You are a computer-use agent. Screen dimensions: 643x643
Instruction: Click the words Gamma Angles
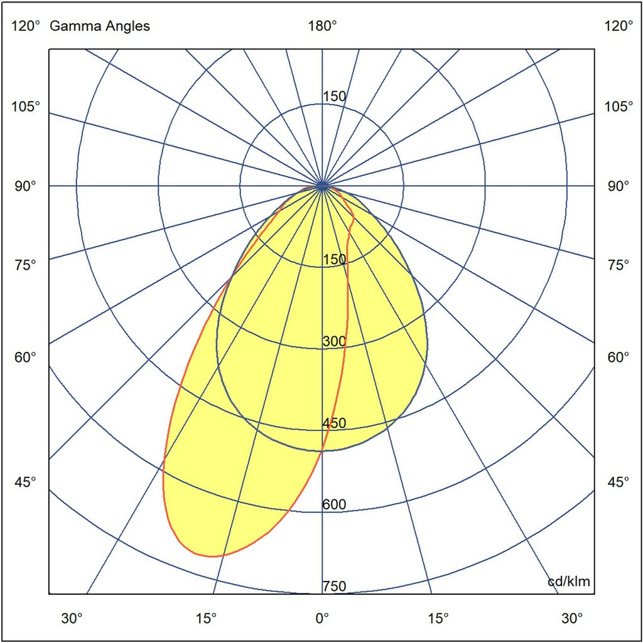point(99,26)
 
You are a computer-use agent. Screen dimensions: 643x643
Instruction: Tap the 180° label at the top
point(322,26)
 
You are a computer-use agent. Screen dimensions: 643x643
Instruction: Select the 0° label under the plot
point(322,618)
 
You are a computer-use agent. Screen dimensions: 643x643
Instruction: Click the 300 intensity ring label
point(334,342)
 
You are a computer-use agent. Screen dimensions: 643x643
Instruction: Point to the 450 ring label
point(334,423)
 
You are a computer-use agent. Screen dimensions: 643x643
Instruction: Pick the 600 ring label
point(334,505)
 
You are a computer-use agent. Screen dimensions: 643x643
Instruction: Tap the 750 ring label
point(334,587)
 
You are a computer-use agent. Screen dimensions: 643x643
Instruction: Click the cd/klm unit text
point(569,582)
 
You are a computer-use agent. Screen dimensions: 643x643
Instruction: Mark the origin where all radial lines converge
point(322,186)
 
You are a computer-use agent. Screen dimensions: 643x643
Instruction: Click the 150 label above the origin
point(334,97)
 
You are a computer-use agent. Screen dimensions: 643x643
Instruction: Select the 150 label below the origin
point(334,260)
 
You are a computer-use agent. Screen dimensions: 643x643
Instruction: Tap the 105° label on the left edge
point(26,106)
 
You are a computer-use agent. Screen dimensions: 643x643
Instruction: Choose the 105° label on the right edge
point(619,106)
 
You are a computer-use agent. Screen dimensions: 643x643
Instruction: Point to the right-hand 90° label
point(619,186)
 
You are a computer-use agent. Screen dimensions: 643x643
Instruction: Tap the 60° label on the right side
point(619,357)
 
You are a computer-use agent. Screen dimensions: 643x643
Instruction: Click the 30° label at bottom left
point(72,618)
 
